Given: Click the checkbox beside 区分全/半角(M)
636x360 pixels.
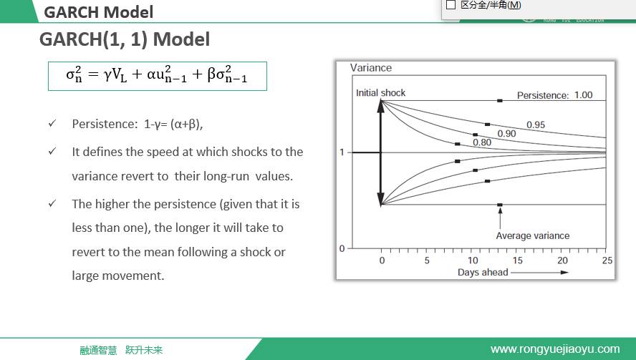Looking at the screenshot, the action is pos(450,5).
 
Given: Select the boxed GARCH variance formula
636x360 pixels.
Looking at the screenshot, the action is pos(158,76).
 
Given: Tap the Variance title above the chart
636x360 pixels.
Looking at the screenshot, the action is pos(371,68).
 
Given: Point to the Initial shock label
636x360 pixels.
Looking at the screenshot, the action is pos(380,93).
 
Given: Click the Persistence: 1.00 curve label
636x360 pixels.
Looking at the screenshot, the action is pos(554,95).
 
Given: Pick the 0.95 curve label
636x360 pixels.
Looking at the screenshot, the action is pos(536,125).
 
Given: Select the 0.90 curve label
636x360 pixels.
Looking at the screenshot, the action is pos(506,134).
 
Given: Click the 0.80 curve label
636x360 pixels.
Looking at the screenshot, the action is pos(482,142).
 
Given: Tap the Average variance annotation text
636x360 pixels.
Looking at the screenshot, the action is pos(533,236).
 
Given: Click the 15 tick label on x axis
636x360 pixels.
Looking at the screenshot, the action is pos(518,261).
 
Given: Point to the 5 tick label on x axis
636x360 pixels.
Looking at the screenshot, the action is pos(427,261).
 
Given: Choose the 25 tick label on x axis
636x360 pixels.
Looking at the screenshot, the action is pos(607,261).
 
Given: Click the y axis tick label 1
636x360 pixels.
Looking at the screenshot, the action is pos(342,152).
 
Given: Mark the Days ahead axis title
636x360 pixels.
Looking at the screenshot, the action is pos(483,273).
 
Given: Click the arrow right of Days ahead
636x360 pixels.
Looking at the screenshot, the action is pos(540,273).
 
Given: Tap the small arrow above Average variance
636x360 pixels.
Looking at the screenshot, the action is pos(500,218).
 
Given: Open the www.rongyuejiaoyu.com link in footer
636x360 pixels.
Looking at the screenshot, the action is pos(555,349).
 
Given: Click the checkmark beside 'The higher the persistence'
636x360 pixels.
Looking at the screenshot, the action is pos(52,203).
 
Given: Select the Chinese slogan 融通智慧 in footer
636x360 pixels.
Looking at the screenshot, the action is pos(98,350).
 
